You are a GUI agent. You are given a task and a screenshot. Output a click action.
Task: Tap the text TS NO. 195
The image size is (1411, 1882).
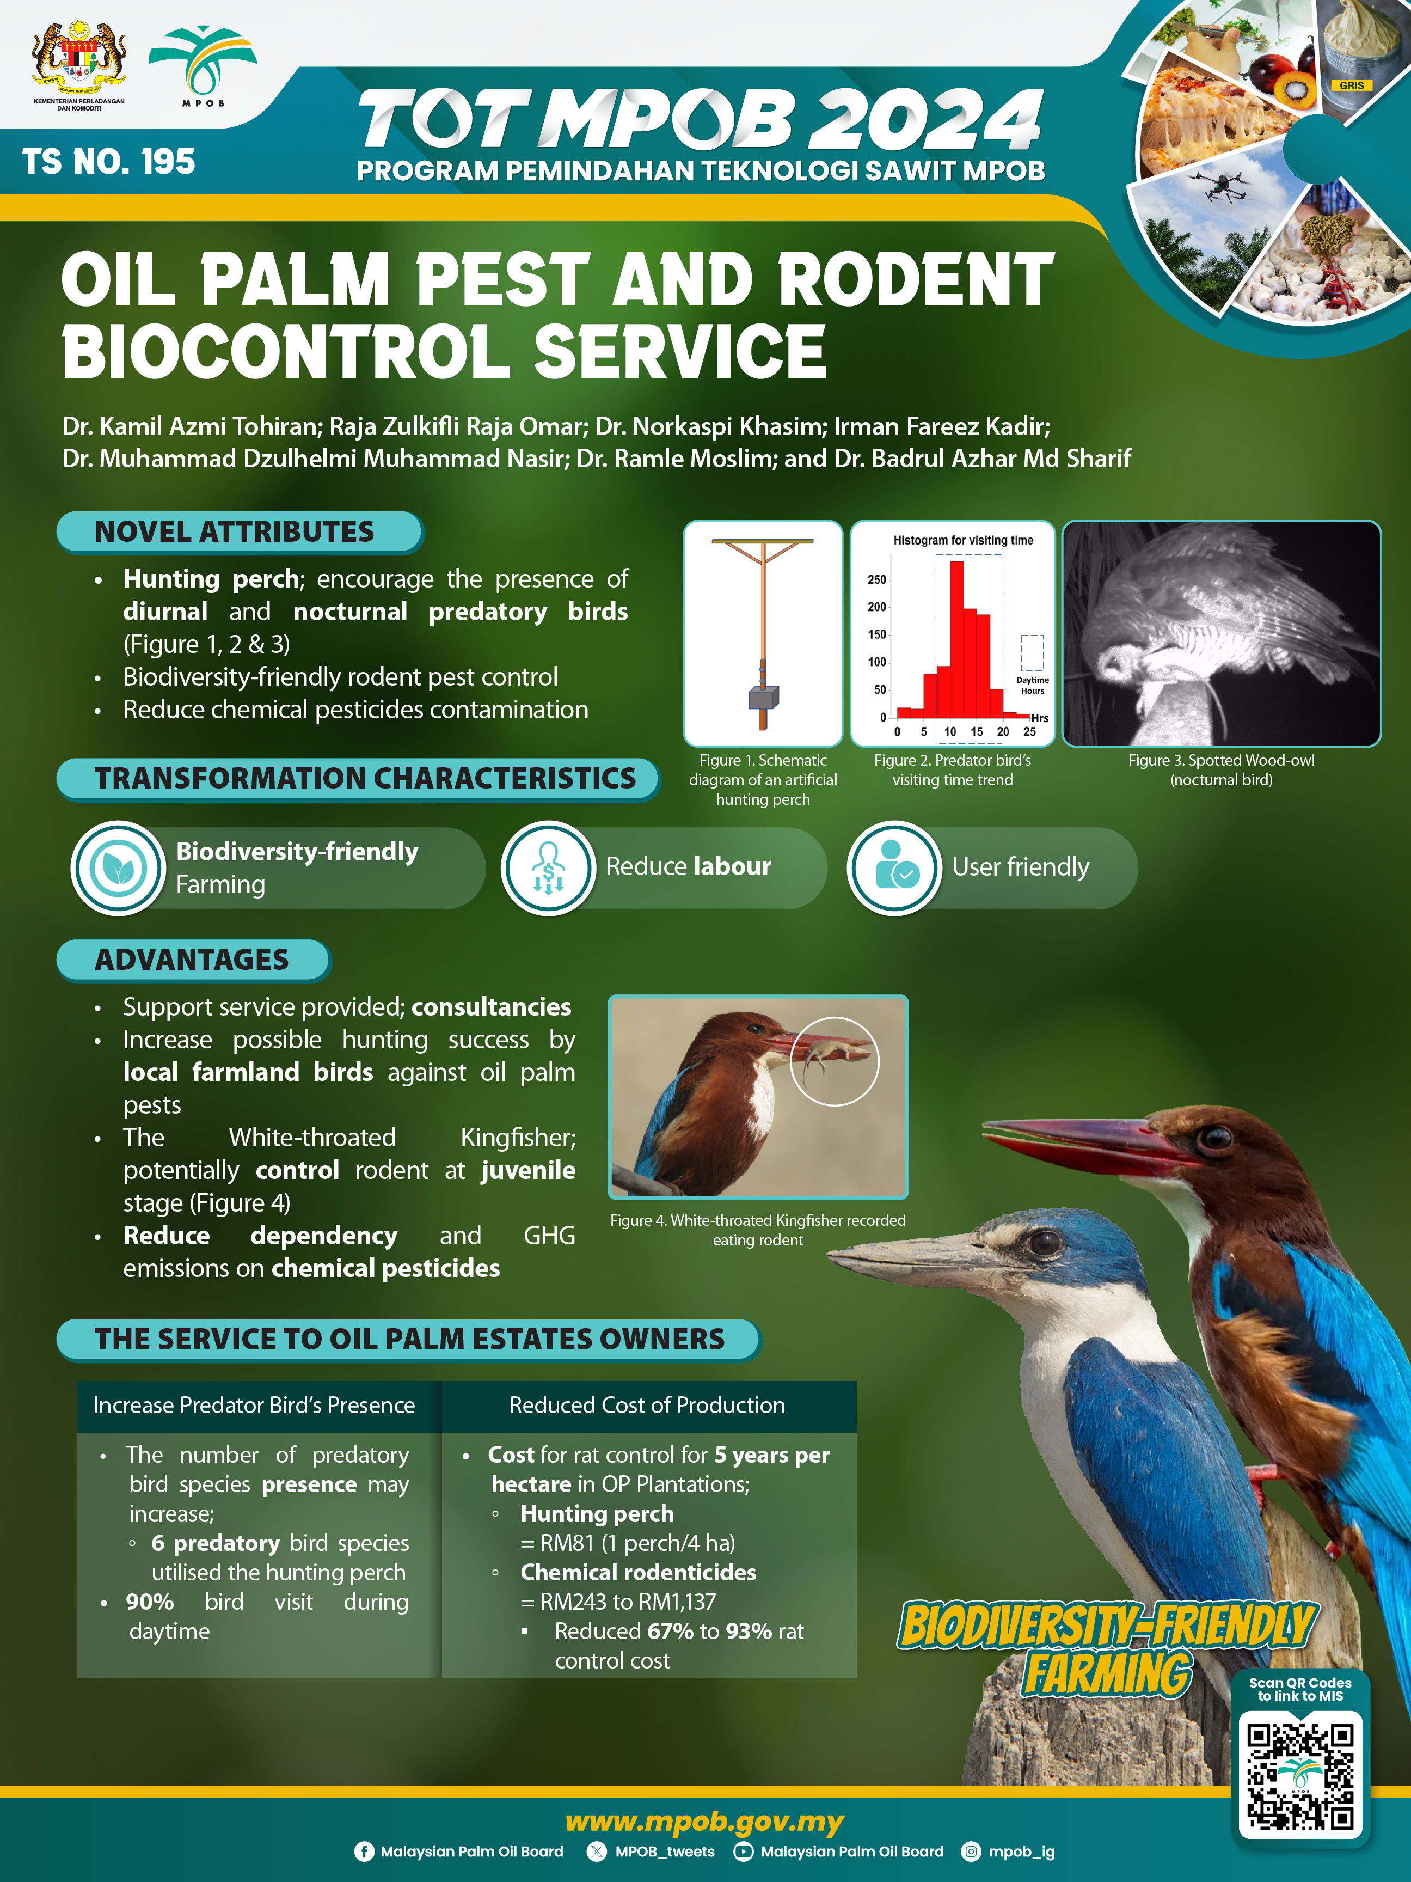point(109,162)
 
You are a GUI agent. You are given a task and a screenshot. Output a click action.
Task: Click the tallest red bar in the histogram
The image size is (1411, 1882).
point(956,639)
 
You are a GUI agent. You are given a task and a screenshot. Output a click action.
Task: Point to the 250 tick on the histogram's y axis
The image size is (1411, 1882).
point(877,579)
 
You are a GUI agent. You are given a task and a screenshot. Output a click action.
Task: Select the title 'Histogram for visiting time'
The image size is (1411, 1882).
point(963,540)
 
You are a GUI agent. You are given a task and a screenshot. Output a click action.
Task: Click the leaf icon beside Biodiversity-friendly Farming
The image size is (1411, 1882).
point(118,868)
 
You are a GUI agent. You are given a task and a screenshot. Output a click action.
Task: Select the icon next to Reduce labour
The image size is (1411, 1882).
point(549,868)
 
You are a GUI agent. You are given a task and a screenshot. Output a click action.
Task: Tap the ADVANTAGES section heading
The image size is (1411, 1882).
point(192,960)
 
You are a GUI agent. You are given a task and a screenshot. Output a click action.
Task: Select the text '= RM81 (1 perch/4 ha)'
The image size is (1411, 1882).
point(628,1543)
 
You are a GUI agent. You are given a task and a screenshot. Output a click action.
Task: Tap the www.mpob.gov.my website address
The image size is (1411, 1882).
point(704,1822)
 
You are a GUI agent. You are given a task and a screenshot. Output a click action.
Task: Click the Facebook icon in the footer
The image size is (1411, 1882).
point(364,1852)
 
